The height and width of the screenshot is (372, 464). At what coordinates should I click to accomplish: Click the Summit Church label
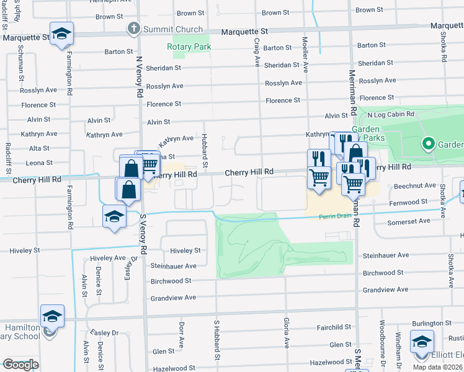173,29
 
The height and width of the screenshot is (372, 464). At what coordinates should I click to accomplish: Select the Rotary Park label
189,46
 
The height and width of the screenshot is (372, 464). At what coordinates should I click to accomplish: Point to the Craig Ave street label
256,50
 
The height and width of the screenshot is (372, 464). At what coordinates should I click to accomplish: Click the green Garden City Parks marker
427,144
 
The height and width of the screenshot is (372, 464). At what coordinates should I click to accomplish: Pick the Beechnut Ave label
415,185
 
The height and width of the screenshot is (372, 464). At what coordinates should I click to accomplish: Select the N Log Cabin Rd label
391,115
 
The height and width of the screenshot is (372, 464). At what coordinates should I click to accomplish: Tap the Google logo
20,365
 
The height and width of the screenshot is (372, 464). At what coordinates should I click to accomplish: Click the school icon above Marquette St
62,32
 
